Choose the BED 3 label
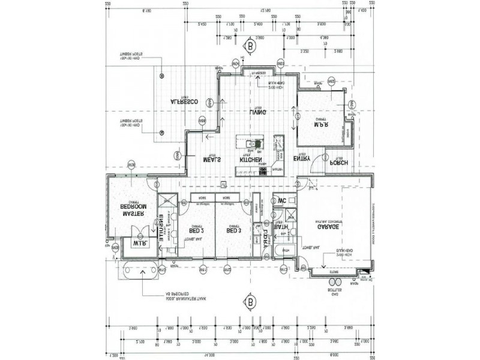(233, 230)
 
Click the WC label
(281, 201)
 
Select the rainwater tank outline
(142, 272)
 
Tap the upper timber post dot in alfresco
(162, 76)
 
